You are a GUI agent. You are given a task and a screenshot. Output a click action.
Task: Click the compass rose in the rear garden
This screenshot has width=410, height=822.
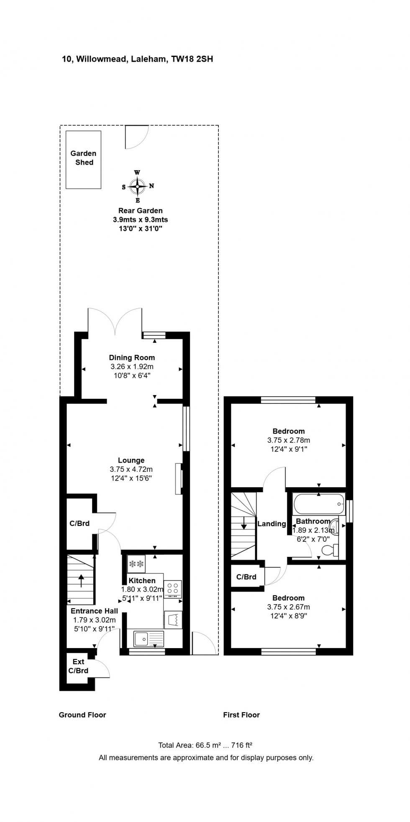tap(137, 186)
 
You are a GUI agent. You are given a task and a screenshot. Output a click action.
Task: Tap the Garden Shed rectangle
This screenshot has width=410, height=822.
tap(84, 160)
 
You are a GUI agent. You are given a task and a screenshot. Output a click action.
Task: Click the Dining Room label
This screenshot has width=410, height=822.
tap(132, 357)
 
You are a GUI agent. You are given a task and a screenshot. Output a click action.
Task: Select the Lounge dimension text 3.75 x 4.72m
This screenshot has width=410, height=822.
tap(131, 469)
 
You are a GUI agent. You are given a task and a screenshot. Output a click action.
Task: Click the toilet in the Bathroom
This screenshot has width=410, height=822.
tap(328, 551)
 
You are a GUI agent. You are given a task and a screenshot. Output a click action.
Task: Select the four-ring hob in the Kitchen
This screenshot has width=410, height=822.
tap(173, 589)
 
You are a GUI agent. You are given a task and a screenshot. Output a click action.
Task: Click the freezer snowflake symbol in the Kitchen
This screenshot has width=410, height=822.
tap(136, 564)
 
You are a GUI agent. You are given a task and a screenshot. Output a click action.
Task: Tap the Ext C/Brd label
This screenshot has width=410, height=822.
tap(78, 666)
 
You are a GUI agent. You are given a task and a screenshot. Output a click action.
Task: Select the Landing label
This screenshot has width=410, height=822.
tap(272, 524)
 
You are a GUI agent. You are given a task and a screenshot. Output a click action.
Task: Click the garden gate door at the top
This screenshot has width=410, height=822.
tap(136, 137)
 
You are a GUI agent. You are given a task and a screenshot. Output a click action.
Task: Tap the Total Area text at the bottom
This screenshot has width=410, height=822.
tap(205, 745)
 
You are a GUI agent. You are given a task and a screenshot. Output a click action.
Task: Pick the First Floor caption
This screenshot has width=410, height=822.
tap(241, 715)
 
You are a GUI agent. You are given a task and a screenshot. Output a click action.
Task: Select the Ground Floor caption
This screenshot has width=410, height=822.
tap(82, 715)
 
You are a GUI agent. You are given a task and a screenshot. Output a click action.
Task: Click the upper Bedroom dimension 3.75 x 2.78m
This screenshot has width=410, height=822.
tap(289, 440)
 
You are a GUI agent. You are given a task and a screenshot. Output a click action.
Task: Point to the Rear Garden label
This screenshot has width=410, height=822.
tap(140, 210)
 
